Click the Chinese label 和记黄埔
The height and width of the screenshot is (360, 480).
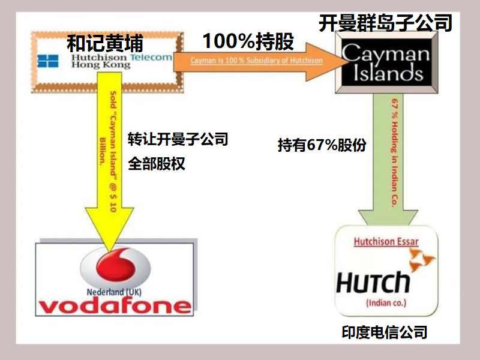click(104, 43)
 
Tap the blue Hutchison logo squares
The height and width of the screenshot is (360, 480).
click(48, 61)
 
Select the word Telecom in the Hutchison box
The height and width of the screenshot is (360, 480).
click(151, 57)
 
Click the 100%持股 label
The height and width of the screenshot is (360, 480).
click(248, 41)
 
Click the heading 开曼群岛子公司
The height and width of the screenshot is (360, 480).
click(385, 23)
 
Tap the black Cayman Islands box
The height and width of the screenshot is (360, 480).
click(386, 62)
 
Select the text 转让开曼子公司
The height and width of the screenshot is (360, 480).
click(178, 139)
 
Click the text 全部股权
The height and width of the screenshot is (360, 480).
click(157, 163)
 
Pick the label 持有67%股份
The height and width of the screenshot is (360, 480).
click(322, 145)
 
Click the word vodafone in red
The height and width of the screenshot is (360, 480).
click(115, 306)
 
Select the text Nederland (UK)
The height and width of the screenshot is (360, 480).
click(114, 292)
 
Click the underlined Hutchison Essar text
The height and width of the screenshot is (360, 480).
click(386, 242)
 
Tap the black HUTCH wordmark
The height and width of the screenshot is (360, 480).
click(373, 282)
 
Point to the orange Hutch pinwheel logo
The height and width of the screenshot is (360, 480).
click(422, 260)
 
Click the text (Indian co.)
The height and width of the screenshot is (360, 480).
click(386, 303)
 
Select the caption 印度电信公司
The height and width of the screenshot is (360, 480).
click(385, 332)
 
